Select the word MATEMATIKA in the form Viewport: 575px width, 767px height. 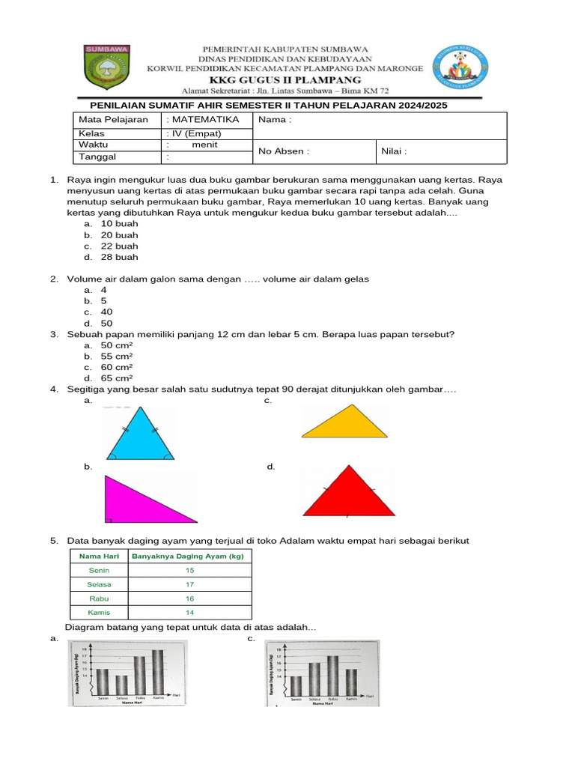coord(205,120)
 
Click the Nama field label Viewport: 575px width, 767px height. coord(275,120)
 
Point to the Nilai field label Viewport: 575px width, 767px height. coord(394,151)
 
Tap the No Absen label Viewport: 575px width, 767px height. coord(283,151)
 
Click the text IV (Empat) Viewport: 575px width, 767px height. coord(196,133)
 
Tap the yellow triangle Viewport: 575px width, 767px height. coord(345,423)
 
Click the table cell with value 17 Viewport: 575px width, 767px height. coord(189,584)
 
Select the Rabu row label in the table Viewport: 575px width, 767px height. coord(99,598)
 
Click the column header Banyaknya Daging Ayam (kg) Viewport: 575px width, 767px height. coord(189,556)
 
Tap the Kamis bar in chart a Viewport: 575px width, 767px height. coord(158,672)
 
